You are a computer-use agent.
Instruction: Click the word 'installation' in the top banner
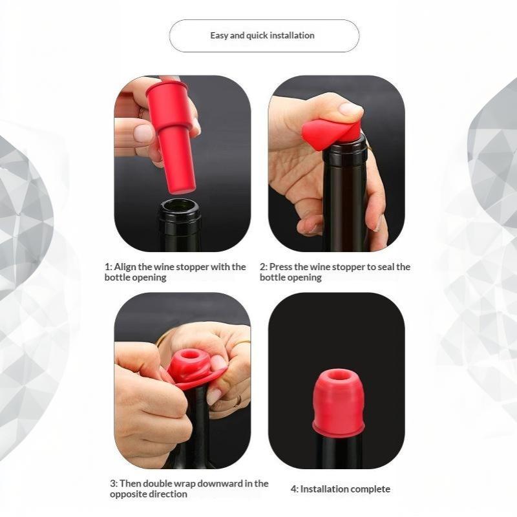tap(292, 36)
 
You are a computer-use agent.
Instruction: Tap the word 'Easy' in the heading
tap(219, 36)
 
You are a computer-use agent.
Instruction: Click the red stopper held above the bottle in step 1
tap(171, 137)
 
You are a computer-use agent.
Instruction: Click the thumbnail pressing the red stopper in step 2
tap(350, 109)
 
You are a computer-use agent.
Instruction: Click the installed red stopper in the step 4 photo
tap(338, 401)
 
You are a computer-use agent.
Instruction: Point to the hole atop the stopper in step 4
tap(337, 375)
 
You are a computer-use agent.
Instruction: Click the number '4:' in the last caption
tap(295, 489)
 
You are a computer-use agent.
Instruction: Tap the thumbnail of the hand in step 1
tap(143, 134)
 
